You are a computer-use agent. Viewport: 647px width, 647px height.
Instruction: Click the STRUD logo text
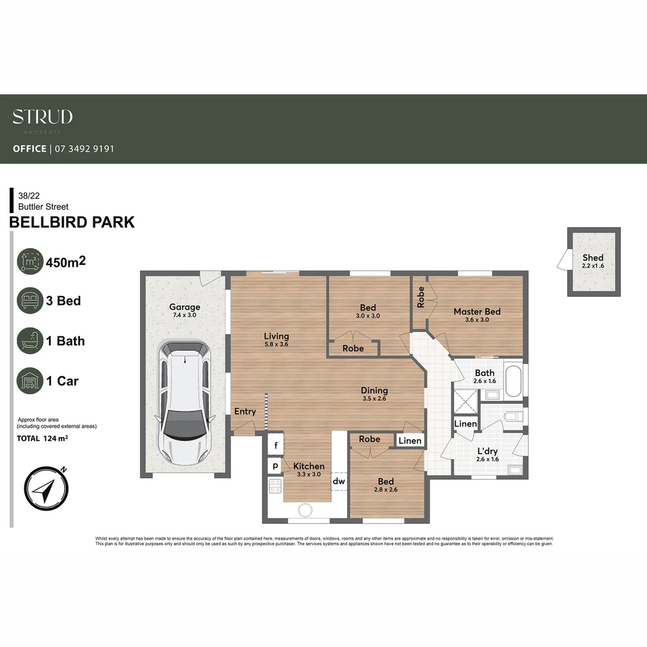point(43,117)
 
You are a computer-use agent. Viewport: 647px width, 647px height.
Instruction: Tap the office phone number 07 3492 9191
point(84,149)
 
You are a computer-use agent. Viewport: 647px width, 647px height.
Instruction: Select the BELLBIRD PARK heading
point(72,222)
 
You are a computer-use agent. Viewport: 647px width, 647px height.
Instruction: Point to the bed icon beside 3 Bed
point(30,301)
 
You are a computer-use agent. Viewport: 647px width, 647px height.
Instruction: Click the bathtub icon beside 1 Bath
point(30,341)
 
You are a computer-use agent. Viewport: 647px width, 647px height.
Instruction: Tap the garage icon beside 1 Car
point(30,381)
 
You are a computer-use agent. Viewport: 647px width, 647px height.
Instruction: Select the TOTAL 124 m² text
point(42,439)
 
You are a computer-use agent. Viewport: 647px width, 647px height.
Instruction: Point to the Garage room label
point(185,307)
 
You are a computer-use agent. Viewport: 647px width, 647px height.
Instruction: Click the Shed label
point(593,258)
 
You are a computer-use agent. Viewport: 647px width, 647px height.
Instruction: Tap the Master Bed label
point(477,312)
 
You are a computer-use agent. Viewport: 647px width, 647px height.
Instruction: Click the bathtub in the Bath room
point(513,381)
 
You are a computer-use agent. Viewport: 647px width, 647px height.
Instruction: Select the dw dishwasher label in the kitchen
point(339,481)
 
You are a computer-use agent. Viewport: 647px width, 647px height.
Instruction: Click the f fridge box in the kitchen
point(276,446)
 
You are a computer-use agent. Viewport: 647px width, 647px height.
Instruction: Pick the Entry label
point(245,412)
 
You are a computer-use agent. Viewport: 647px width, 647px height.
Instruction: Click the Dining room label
point(374,391)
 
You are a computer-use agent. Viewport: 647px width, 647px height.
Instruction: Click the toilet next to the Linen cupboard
point(513,416)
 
